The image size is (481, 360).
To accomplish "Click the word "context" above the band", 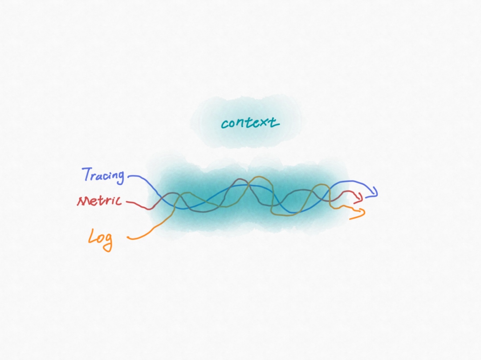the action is (250, 123).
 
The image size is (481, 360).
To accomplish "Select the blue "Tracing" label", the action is (104, 175).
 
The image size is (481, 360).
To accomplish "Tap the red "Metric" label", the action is (99, 201).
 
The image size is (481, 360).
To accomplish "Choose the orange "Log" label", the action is (100, 240).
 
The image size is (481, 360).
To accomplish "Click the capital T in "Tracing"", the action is (88, 174).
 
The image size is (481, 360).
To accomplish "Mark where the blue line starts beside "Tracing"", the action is (128, 177).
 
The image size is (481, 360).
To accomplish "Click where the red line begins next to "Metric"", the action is (126, 202).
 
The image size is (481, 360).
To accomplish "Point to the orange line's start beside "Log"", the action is (128, 238).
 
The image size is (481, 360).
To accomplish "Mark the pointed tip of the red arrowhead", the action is (362, 199).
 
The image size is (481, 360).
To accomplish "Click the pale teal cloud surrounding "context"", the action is (245, 122).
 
